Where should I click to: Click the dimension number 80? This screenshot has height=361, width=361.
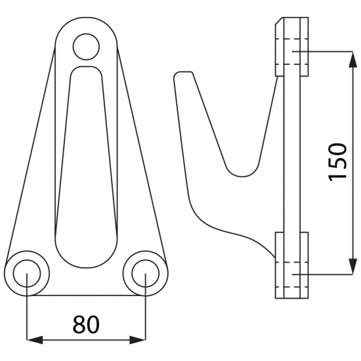[x=86, y=324]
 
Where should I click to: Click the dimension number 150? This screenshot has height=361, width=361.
[x=338, y=162]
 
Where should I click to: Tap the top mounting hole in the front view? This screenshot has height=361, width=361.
[x=87, y=47]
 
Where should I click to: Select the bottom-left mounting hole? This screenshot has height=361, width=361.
[x=27, y=273]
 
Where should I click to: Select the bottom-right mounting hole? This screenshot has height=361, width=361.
[x=146, y=273]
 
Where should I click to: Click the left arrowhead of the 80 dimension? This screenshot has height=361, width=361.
[x=35, y=340]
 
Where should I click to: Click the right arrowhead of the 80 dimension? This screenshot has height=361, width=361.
[x=137, y=340]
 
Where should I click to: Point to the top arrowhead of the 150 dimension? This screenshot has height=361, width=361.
[x=352, y=59]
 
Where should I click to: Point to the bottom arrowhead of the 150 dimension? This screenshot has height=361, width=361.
[x=352, y=266]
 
